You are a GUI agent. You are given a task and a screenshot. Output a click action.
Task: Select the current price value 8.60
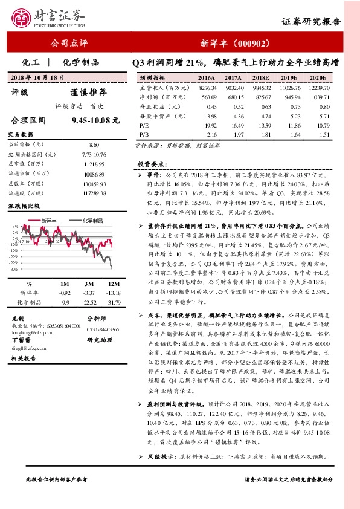pyautogui.click(x=94, y=145)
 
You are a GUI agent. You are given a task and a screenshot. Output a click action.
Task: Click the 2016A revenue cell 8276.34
pyautogui.click(x=207, y=88)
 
